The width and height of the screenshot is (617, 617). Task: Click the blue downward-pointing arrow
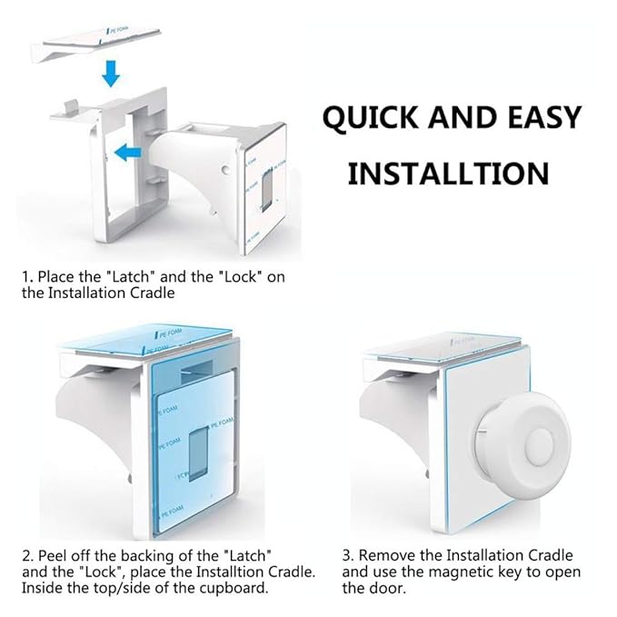tap(111, 73)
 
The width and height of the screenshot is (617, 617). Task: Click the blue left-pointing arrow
tap(127, 152)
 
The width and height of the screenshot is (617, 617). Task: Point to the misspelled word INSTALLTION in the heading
tap(448, 174)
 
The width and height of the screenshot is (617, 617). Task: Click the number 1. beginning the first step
tap(27, 276)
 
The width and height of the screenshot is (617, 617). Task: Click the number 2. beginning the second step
tap(28, 555)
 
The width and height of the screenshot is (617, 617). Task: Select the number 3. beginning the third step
tap(349, 555)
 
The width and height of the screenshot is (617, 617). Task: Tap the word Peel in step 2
tap(53, 555)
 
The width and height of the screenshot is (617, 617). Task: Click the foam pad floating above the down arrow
tap(96, 44)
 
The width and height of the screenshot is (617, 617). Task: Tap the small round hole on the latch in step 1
tap(225, 170)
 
